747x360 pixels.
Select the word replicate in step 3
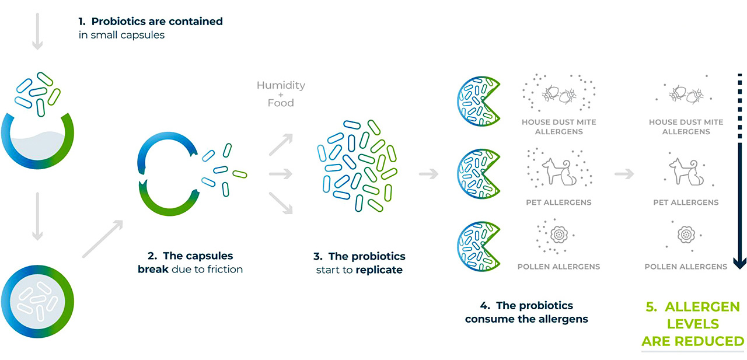379,270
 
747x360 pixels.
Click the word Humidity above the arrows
281,85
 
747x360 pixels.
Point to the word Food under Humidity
281,103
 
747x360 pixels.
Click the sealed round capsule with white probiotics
39,299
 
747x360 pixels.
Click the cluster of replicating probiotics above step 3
356,166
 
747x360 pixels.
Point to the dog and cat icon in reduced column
686,172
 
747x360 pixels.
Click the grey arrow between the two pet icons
624,173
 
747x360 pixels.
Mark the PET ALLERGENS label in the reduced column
686,202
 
